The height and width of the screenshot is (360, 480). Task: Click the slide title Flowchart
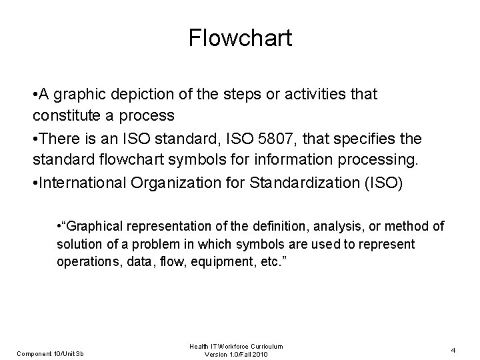[x=240, y=38]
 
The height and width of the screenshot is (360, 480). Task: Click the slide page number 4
[x=453, y=349]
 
